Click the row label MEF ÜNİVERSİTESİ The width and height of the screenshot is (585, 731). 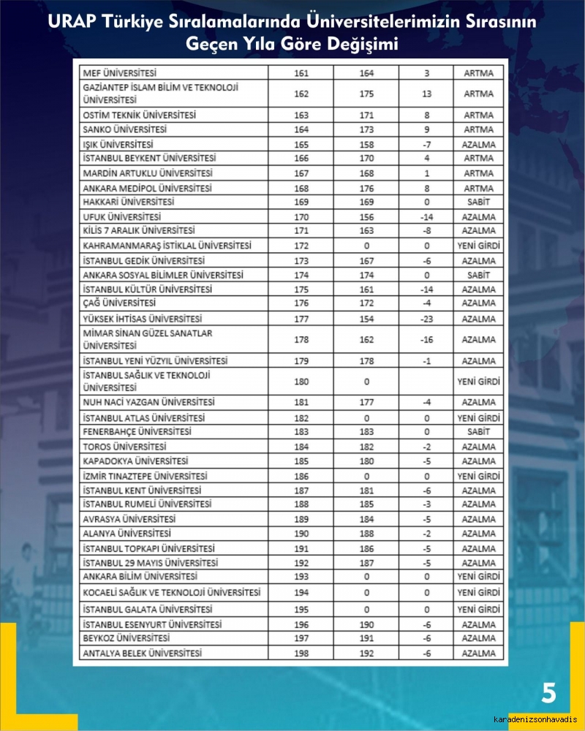click(121, 73)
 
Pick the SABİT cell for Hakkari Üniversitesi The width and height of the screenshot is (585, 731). click(478, 202)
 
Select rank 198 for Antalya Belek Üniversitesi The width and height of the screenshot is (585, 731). click(301, 653)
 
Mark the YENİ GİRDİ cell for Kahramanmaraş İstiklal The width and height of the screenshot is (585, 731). click(478, 246)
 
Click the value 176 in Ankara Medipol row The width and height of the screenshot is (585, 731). click(366, 188)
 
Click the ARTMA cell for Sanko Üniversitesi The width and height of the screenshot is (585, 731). click(478, 130)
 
